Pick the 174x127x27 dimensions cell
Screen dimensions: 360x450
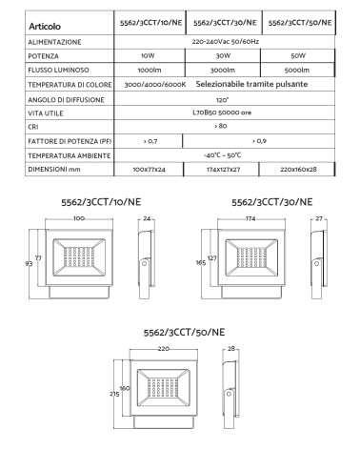224,169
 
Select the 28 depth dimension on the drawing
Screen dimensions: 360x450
230,350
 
